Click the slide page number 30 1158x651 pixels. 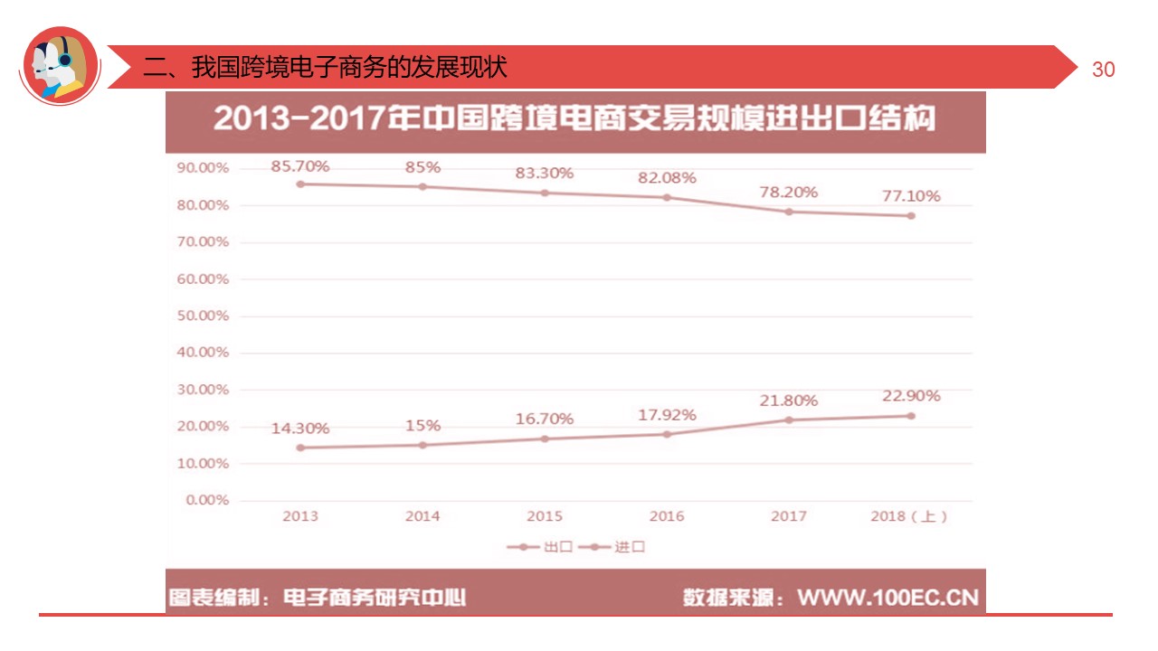[1104, 70]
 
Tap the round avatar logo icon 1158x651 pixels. [60, 65]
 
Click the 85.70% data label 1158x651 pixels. [300, 166]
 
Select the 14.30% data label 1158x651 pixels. [300, 429]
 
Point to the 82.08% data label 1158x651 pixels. [668, 178]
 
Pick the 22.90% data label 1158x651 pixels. [910, 396]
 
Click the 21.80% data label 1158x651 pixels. [788, 400]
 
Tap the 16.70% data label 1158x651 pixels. [545, 419]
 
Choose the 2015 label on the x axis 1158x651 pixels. [545, 516]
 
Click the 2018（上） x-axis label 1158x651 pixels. [909, 516]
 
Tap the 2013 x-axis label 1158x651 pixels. [300, 516]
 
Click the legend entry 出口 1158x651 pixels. [546, 547]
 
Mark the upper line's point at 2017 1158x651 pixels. [789, 212]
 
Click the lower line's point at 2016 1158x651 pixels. [667, 434]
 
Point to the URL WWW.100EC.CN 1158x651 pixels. [887, 598]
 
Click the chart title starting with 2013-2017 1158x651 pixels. [574, 119]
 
